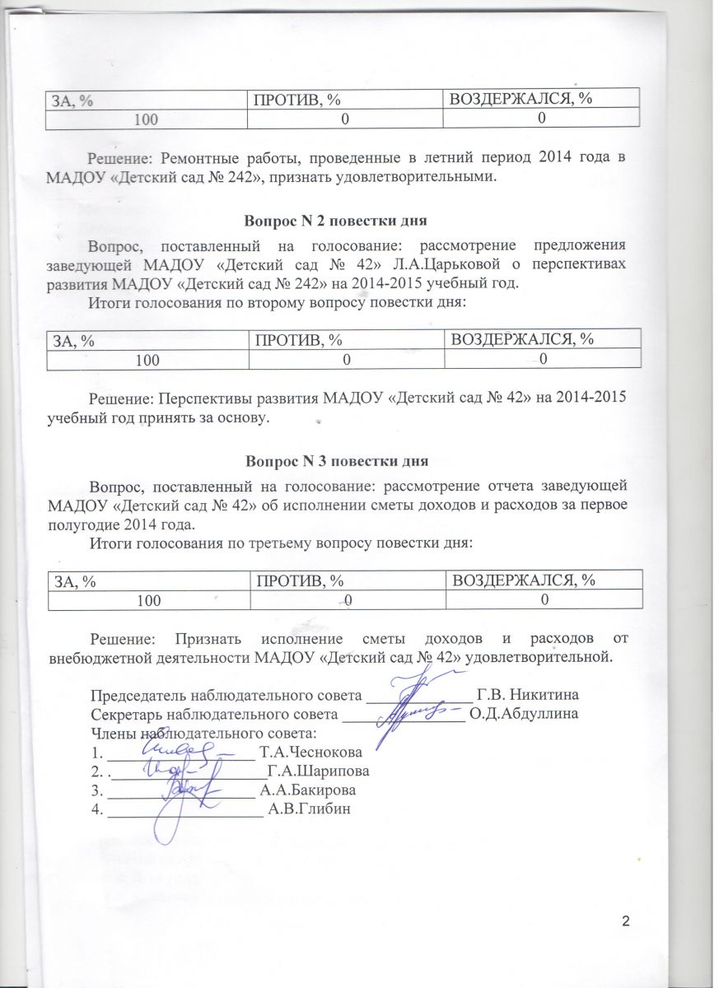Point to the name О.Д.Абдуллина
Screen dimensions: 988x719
(x=524, y=713)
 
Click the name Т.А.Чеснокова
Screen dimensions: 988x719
(x=310, y=753)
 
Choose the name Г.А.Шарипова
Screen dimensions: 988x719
(x=317, y=771)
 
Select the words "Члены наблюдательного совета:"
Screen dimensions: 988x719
(x=203, y=732)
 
